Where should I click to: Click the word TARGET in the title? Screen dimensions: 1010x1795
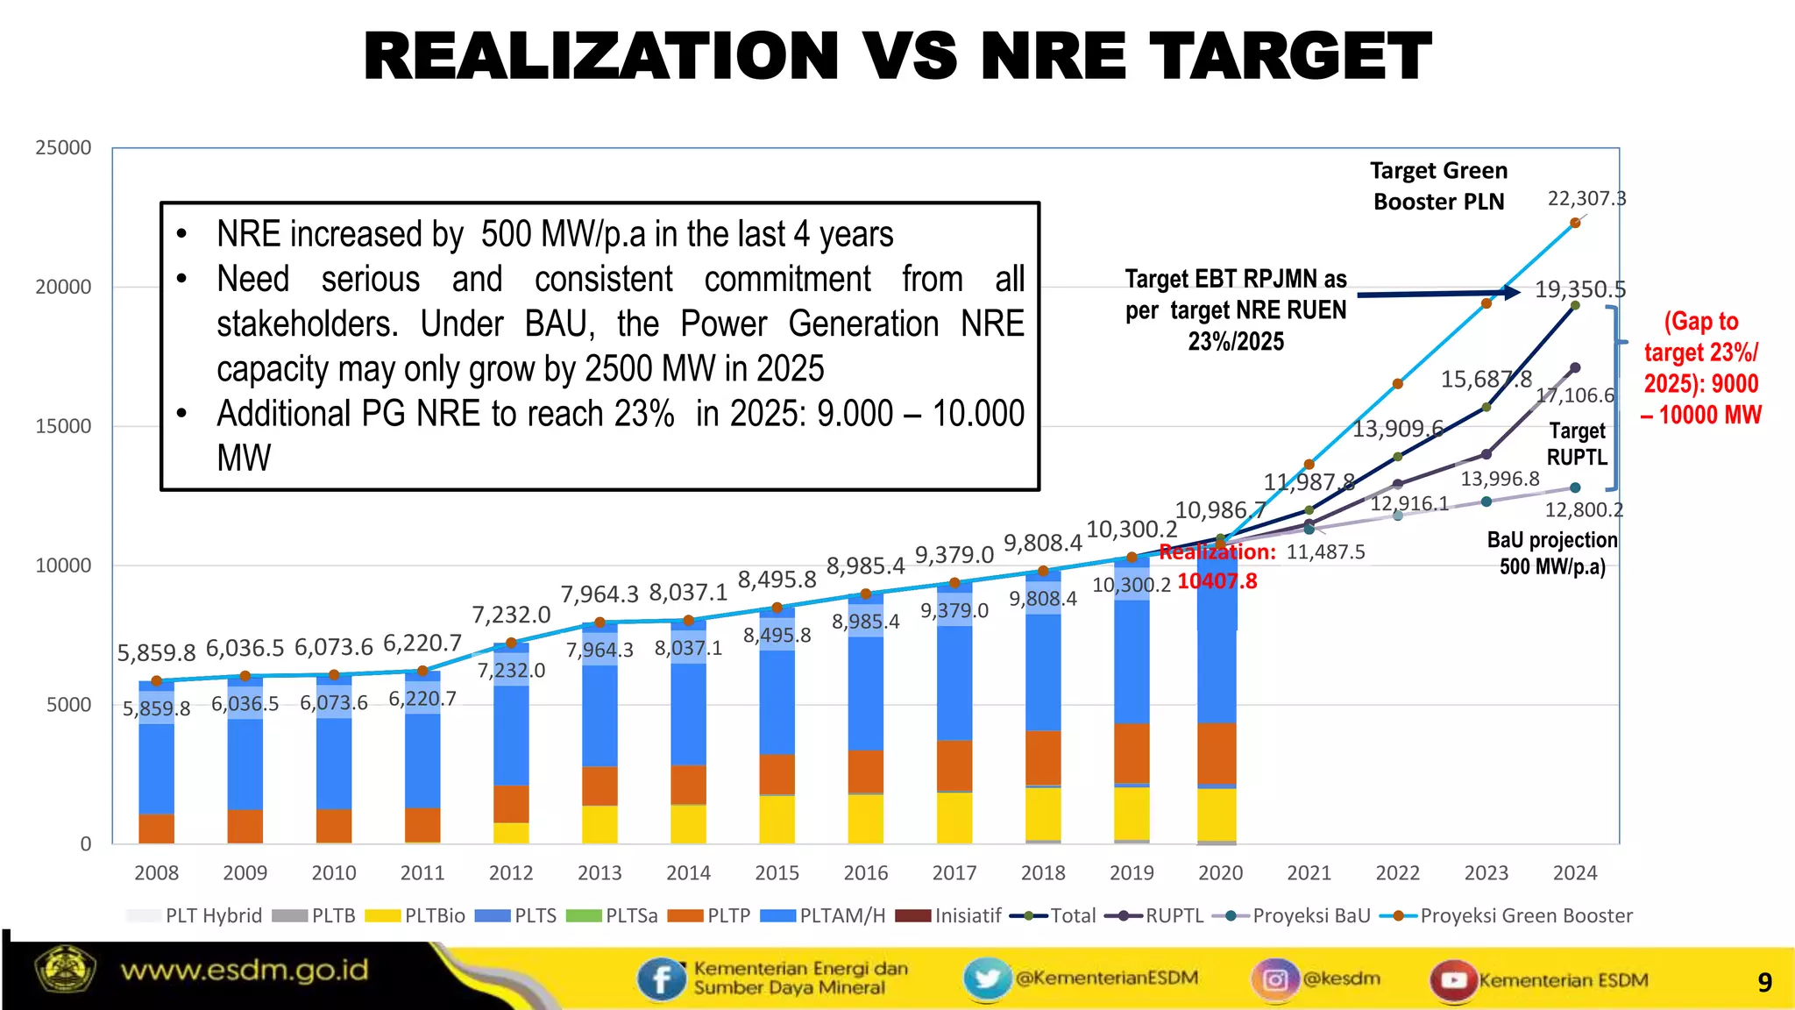1289,56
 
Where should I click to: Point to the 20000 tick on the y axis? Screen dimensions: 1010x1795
63,287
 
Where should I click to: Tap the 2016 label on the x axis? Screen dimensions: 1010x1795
865,872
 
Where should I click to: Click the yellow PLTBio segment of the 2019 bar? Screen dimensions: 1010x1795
1132,813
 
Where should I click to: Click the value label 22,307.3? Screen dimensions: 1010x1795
1586,199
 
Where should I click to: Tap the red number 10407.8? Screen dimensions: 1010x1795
1217,581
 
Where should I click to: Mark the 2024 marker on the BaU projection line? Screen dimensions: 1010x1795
1575,487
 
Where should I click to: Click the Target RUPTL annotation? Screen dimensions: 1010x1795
1577,444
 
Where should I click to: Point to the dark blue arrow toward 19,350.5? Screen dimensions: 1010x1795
1437,294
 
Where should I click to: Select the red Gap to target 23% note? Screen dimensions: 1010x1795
1700,368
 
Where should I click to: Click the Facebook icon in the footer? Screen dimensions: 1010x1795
661,978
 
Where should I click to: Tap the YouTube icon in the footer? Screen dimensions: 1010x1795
1452,979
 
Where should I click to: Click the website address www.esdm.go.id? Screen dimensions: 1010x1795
245,971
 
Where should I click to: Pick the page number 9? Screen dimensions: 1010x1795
1764,982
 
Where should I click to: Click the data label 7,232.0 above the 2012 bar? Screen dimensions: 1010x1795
511,615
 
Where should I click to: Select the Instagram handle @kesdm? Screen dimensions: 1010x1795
1341,978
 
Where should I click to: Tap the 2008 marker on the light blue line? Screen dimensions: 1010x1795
157,681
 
